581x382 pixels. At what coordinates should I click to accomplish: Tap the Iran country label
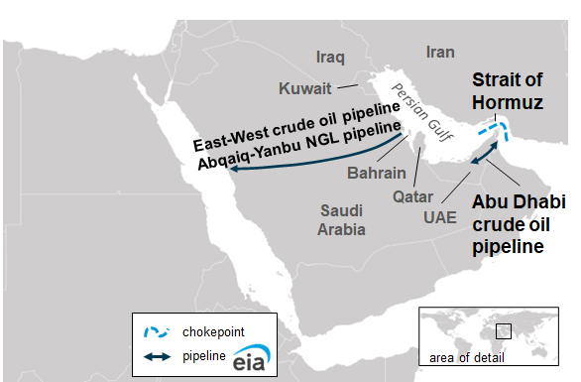pos(439,52)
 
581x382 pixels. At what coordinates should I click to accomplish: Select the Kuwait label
pos(303,86)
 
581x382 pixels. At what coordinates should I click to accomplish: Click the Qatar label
pos(413,196)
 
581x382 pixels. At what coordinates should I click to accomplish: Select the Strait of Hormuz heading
pos(507,90)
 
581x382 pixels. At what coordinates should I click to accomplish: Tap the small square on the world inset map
pos(503,328)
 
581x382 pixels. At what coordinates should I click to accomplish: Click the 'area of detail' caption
pos(465,357)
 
